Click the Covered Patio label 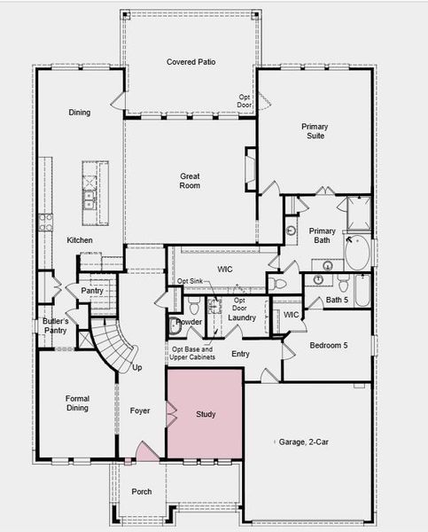192,61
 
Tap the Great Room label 190,181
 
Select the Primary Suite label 315,132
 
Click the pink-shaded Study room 205,414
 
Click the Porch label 141,491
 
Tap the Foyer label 141,411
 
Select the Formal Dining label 77,403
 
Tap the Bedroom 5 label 329,345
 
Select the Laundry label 242,317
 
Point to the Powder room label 189,322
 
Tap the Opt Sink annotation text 191,281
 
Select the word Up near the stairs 137,367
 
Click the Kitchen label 80,240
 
